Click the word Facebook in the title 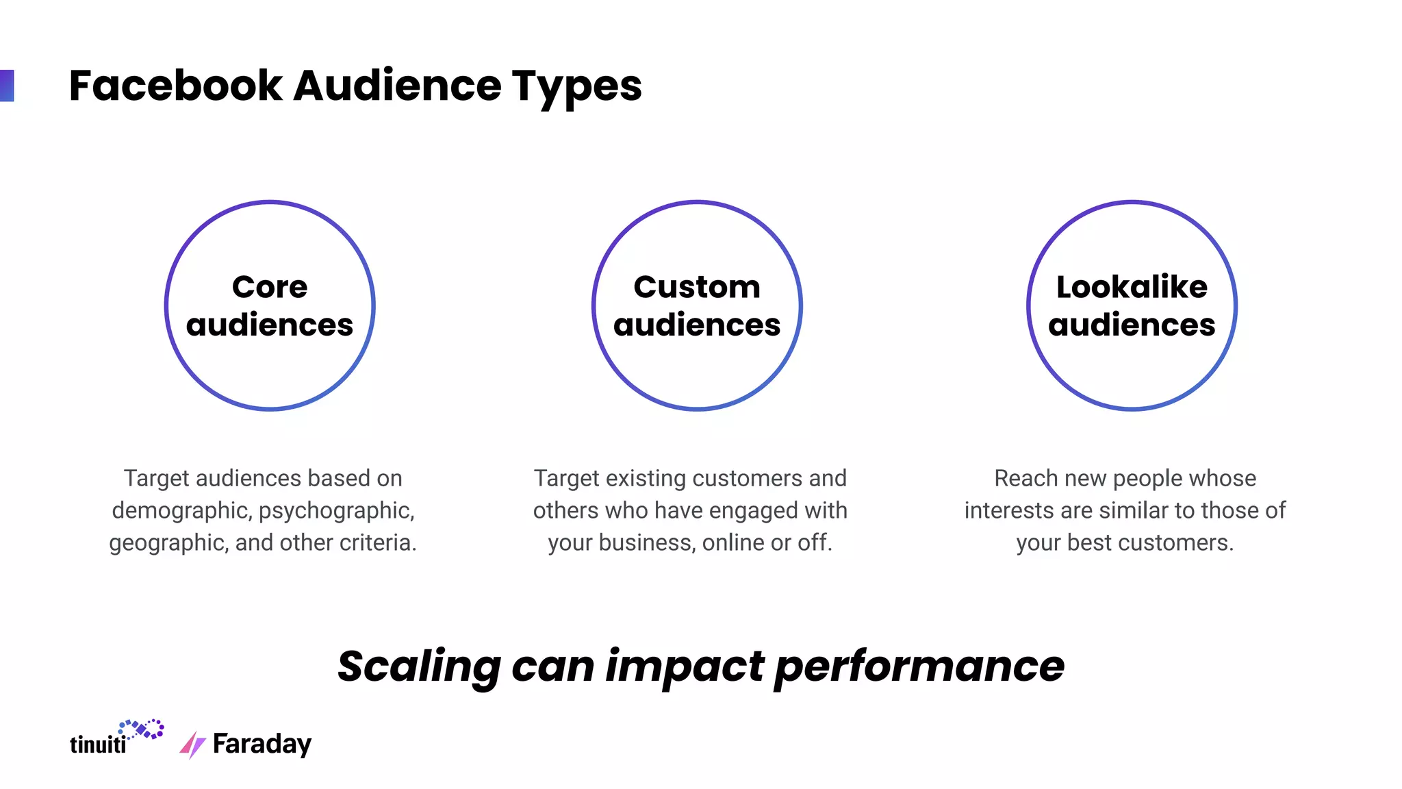coord(175,86)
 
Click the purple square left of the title coord(7,86)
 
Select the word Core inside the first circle coord(270,287)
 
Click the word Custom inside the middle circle coord(696,287)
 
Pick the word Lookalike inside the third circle coord(1132,287)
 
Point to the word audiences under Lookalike coord(1132,325)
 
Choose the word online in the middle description coord(733,542)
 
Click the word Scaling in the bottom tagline coord(419,666)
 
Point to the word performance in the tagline coord(919,666)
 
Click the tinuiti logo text coord(98,744)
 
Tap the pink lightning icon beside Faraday coord(192,744)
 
